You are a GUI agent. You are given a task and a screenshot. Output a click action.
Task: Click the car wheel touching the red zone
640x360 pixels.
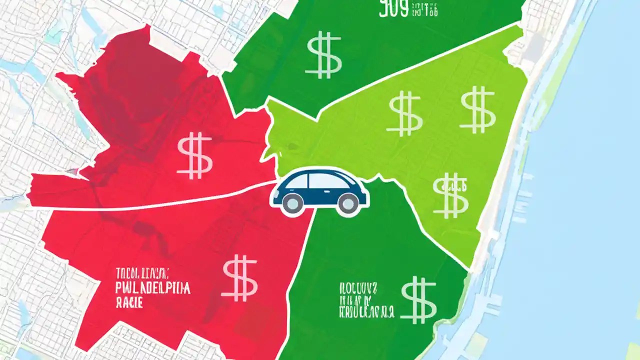pyautogui.click(x=291, y=202)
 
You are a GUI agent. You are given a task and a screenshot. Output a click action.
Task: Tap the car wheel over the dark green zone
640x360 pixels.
pyautogui.click(x=348, y=202)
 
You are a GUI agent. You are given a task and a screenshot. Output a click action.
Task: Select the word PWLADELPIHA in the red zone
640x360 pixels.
pyautogui.click(x=152, y=289)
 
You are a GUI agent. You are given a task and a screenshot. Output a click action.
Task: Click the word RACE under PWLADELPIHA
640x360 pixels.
pyautogui.click(x=128, y=302)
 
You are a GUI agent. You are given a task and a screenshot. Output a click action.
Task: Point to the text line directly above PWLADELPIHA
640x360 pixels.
pyautogui.click(x=142, y=273)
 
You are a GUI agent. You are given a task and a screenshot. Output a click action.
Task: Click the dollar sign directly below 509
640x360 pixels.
pyautogui.click(x=324, y=55)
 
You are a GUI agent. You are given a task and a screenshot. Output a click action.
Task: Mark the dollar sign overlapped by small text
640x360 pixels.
pyautogui.click(x=451, y=195)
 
